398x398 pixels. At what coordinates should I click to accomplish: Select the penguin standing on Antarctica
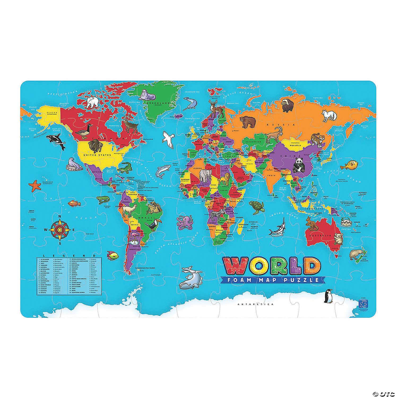pos(328,296)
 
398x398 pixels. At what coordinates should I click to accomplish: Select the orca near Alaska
pos(56,141)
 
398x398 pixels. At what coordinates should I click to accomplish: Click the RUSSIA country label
pos(281,124)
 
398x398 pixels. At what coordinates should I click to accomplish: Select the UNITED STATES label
pos(93,155)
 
